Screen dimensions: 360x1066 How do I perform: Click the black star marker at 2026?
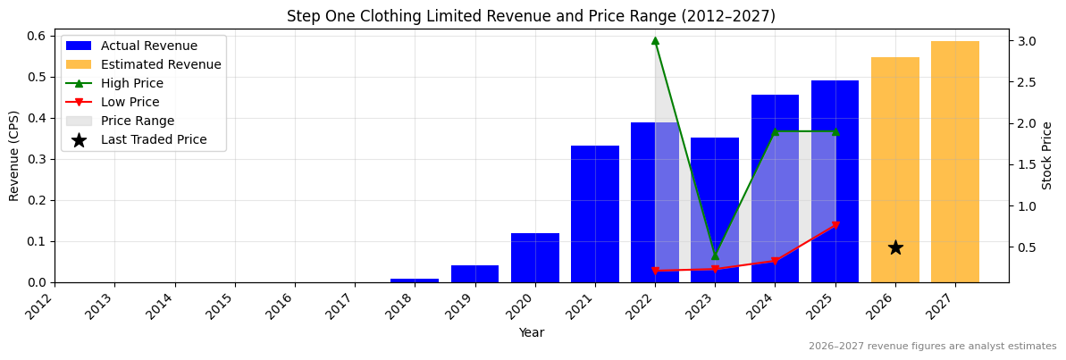pos(895,247)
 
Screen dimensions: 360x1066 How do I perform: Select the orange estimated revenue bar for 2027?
pos(955,162)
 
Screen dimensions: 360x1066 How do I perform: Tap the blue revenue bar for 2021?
pos(595,214)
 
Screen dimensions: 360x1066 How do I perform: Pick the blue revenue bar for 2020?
pos(535,258)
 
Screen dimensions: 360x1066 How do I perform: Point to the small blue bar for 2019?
pos(474,274)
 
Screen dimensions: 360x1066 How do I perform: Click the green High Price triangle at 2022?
pos(655,40)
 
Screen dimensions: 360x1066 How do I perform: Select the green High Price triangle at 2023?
pos(715,255)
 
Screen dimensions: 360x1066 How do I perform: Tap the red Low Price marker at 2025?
pos(835,225)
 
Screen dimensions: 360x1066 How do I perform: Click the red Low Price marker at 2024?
pos(775,261)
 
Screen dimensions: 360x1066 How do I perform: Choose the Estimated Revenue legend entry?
pos(161,64)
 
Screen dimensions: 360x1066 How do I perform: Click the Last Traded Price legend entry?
pos(154,139)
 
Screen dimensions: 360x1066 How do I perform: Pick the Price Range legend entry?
pos(138,121)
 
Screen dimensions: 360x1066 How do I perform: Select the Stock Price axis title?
pos(1047,155)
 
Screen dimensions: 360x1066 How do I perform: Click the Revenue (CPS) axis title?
pos(14,155)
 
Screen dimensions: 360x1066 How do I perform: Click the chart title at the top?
pos(531,16)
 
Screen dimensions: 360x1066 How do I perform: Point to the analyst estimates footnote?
pos(932,347)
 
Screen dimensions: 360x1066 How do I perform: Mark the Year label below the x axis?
pos(531,332)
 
